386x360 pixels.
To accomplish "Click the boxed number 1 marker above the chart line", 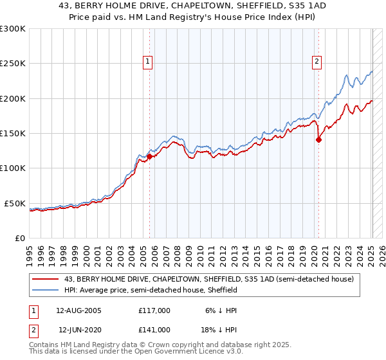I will tap(147, 62).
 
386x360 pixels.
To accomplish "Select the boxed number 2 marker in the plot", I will tap(317, 62).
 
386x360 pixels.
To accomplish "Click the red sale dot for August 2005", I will tap(149, 156).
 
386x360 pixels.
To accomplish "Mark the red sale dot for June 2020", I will tap(318, 139).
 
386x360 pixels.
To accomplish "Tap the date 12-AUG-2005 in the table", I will tap(78, 310).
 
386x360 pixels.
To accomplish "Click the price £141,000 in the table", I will tap(154, 330).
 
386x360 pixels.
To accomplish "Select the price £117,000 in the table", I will tap(154, 310).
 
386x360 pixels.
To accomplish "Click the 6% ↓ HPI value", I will tap(221, 310).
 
